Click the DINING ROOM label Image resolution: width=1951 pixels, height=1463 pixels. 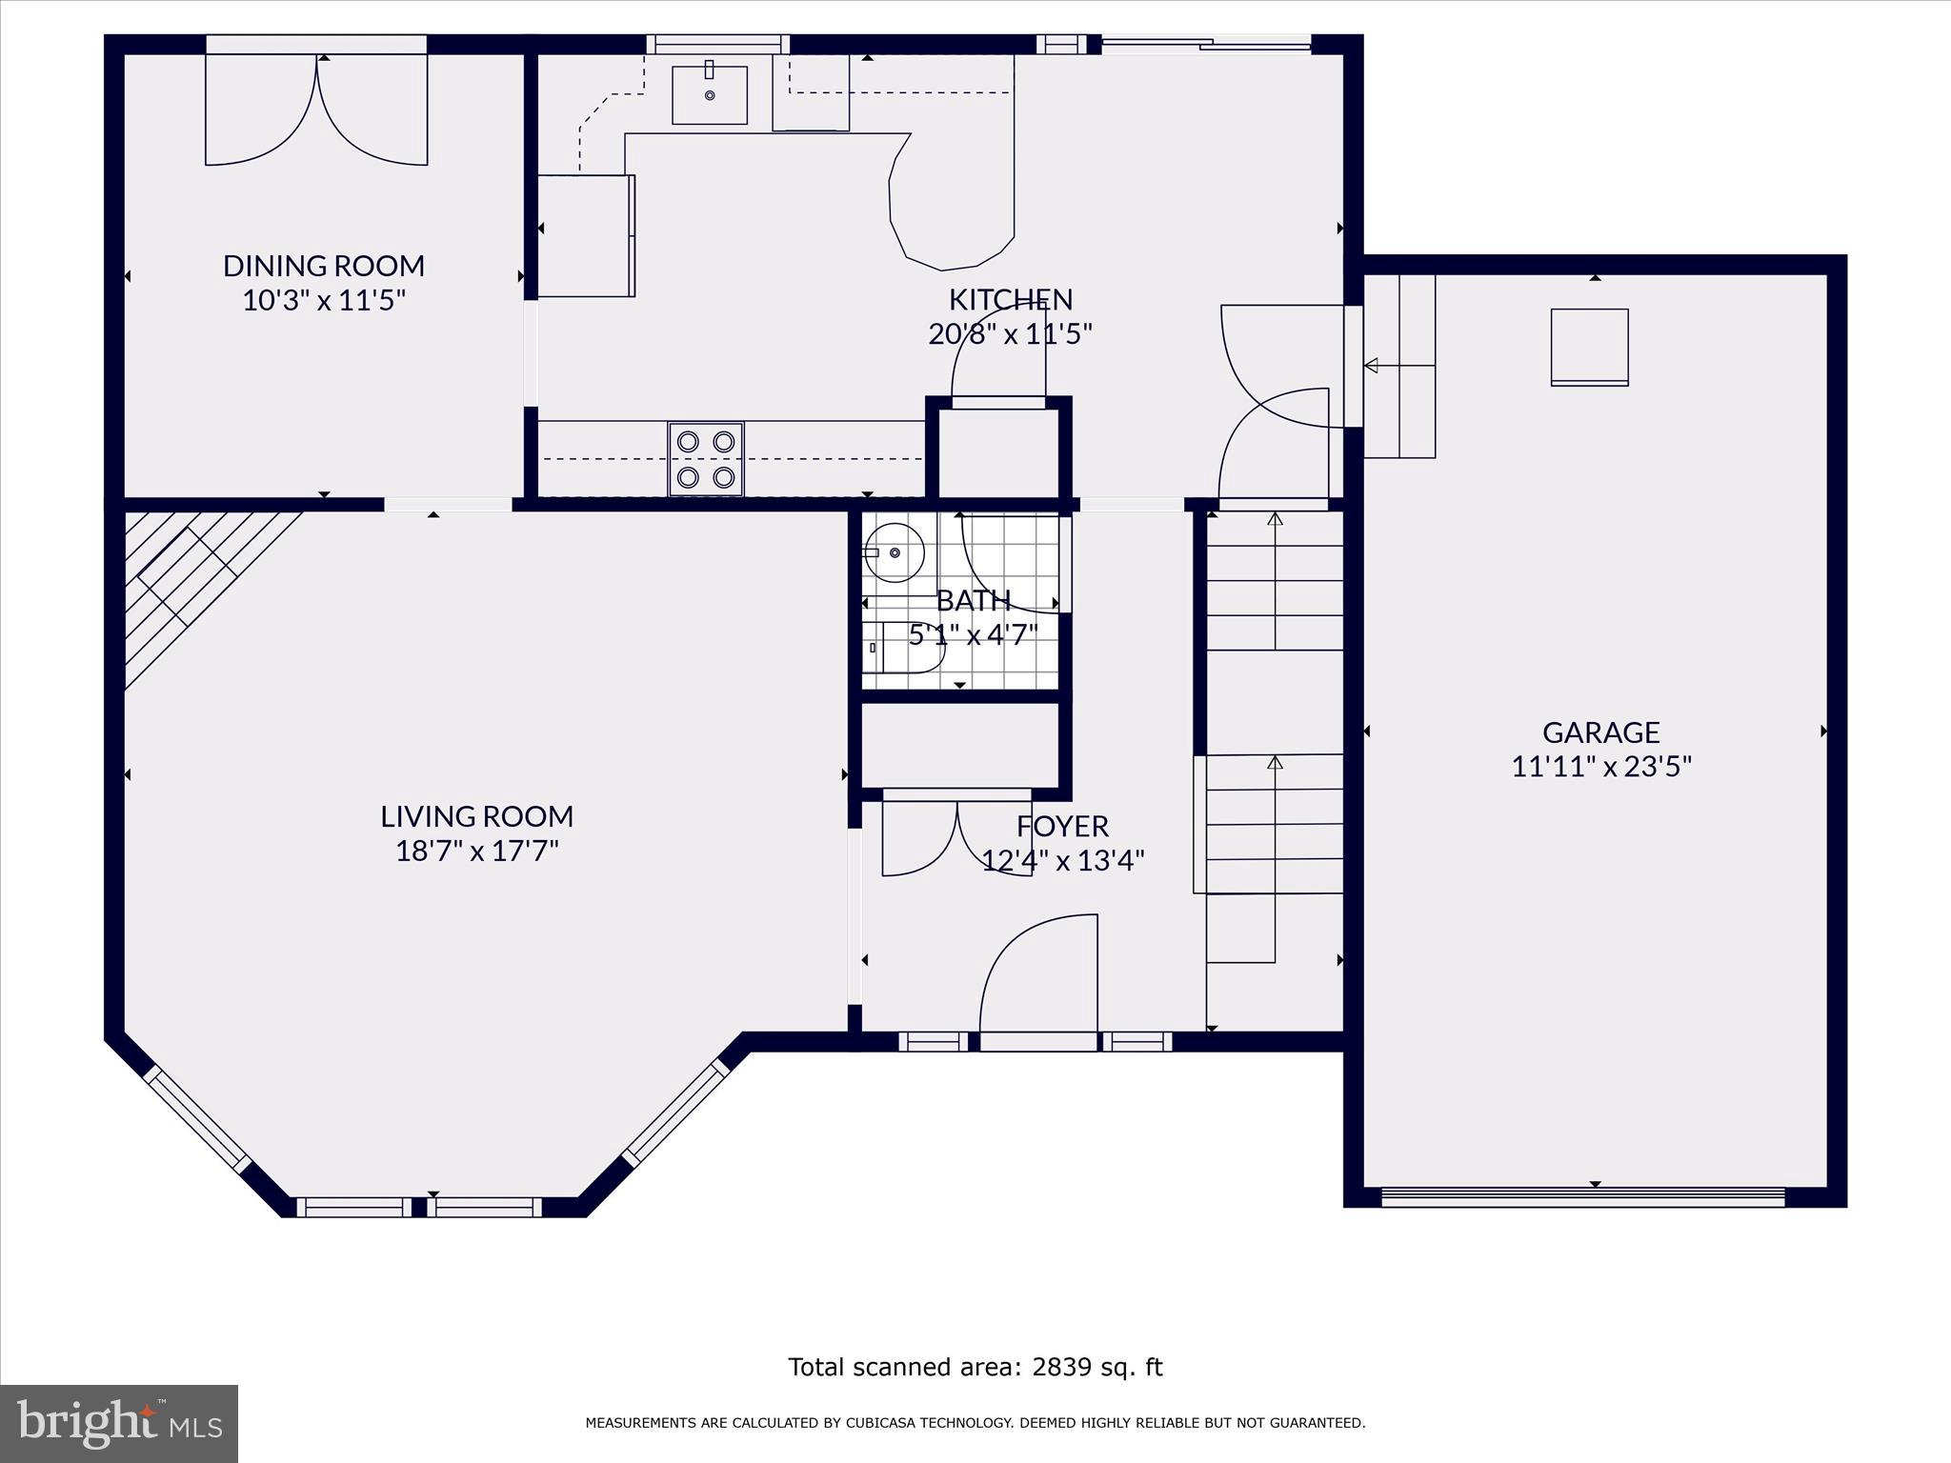click(323, 266)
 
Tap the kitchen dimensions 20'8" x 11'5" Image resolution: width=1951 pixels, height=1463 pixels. click(1010, 334)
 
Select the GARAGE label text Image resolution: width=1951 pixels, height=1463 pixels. click(1600, 732)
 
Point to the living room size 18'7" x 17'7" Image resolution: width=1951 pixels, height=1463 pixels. click(476, 851)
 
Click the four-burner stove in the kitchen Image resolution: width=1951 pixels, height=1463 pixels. click(706, 459)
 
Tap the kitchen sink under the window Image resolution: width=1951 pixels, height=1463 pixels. click(710, 94)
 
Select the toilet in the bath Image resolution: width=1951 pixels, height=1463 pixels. click(905, 647)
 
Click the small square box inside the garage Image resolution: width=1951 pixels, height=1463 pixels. click(1589, 347)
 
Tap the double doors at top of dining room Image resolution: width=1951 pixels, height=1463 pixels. click(316, 110)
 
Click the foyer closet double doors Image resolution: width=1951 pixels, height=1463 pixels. click(956, 835)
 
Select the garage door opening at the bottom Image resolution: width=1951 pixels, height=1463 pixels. click(1582, 1196)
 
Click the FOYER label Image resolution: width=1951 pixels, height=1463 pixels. click(1062, 826)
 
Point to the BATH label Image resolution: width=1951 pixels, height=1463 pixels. click(973, 601)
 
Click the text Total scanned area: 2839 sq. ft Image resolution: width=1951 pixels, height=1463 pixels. click(975, 1368)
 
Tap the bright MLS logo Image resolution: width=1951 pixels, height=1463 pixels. click(119, 1423)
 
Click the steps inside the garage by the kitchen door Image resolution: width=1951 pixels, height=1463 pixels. click(1399, 367)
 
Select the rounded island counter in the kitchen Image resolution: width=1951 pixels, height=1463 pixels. click(953, 205)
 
